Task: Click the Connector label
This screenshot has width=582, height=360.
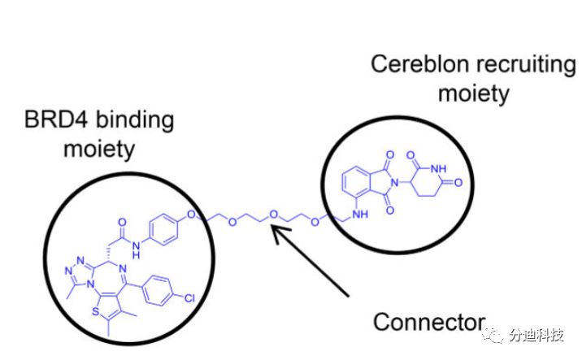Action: point(428,322)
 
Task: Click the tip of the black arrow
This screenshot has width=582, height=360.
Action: point(272,229)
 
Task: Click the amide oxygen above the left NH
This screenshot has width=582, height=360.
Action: point(121,220)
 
